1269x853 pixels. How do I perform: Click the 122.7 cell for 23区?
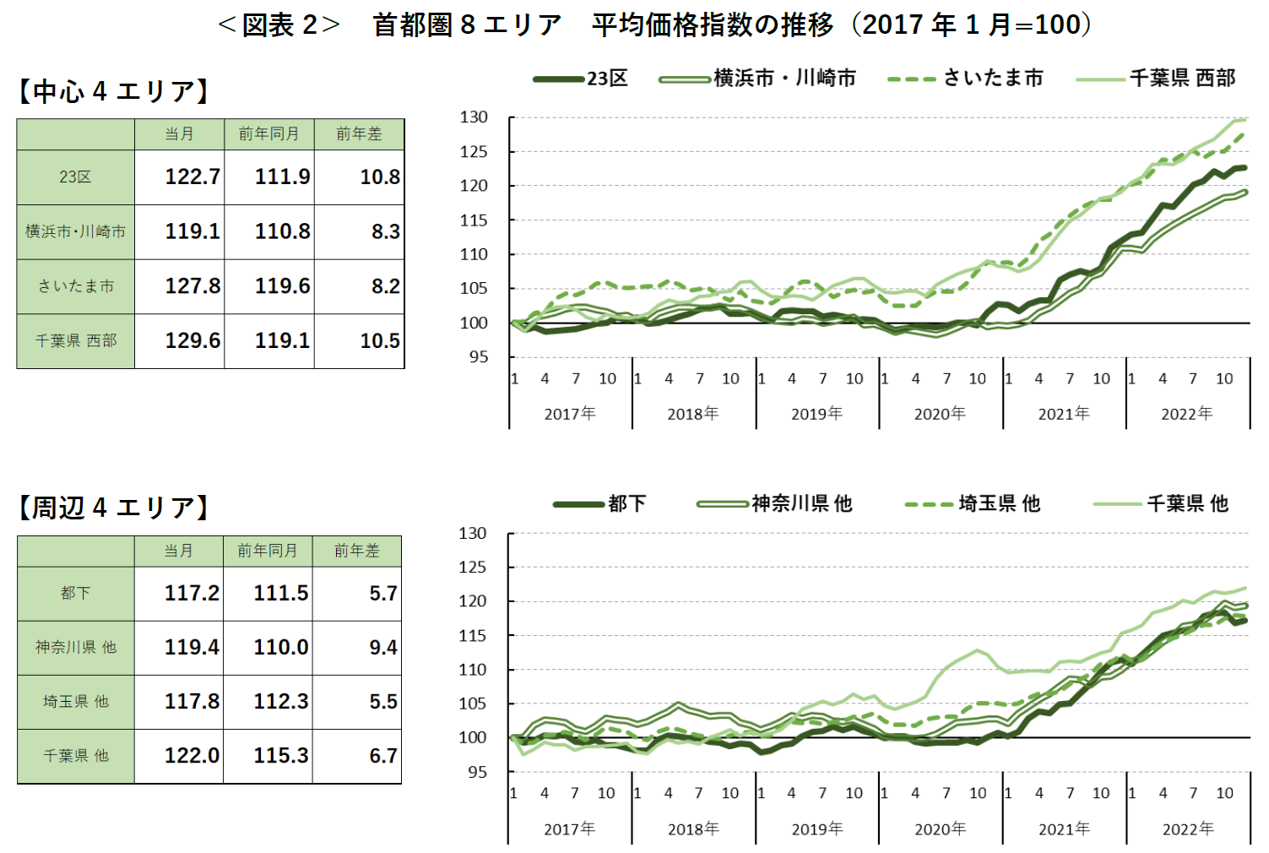coord(192,177)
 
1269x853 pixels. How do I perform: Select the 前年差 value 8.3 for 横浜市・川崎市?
coord(385,231)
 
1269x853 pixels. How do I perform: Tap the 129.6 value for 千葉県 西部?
coord(192,340)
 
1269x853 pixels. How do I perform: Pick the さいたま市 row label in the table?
coord(75,286)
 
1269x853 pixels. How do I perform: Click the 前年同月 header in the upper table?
coord(268,133)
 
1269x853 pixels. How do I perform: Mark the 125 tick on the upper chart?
coord(474,152)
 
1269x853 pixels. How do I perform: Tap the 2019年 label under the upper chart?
coord(816,414)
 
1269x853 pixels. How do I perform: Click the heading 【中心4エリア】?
coord(113,91)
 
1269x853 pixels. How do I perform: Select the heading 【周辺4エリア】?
coord(113,508)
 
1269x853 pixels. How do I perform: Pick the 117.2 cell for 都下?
coord(191,593)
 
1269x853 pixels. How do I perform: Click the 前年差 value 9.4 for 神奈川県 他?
coord(382,648)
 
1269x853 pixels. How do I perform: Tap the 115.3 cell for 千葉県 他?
coord(280,756)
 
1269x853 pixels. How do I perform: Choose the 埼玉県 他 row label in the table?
coord(75,702)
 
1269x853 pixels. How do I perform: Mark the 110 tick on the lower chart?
coord(473,670)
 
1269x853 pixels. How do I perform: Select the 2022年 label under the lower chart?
coord(1187,829)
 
